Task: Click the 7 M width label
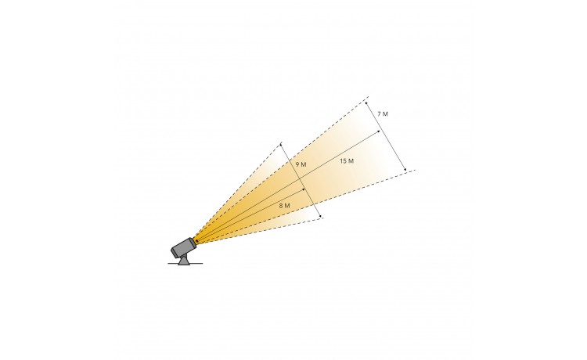coord(383,114)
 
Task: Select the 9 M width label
coord(301,164)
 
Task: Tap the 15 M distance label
coord(347,161)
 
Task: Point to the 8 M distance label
coord(285,206)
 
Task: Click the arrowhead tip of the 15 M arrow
coord(380,131)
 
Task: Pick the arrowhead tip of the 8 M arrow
coord(306,189)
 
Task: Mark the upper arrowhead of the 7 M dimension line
coord(366,102)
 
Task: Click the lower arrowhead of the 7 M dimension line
coord(406,171)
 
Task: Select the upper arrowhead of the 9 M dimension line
coord(280,143)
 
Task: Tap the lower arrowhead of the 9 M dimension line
coord(321,218)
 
